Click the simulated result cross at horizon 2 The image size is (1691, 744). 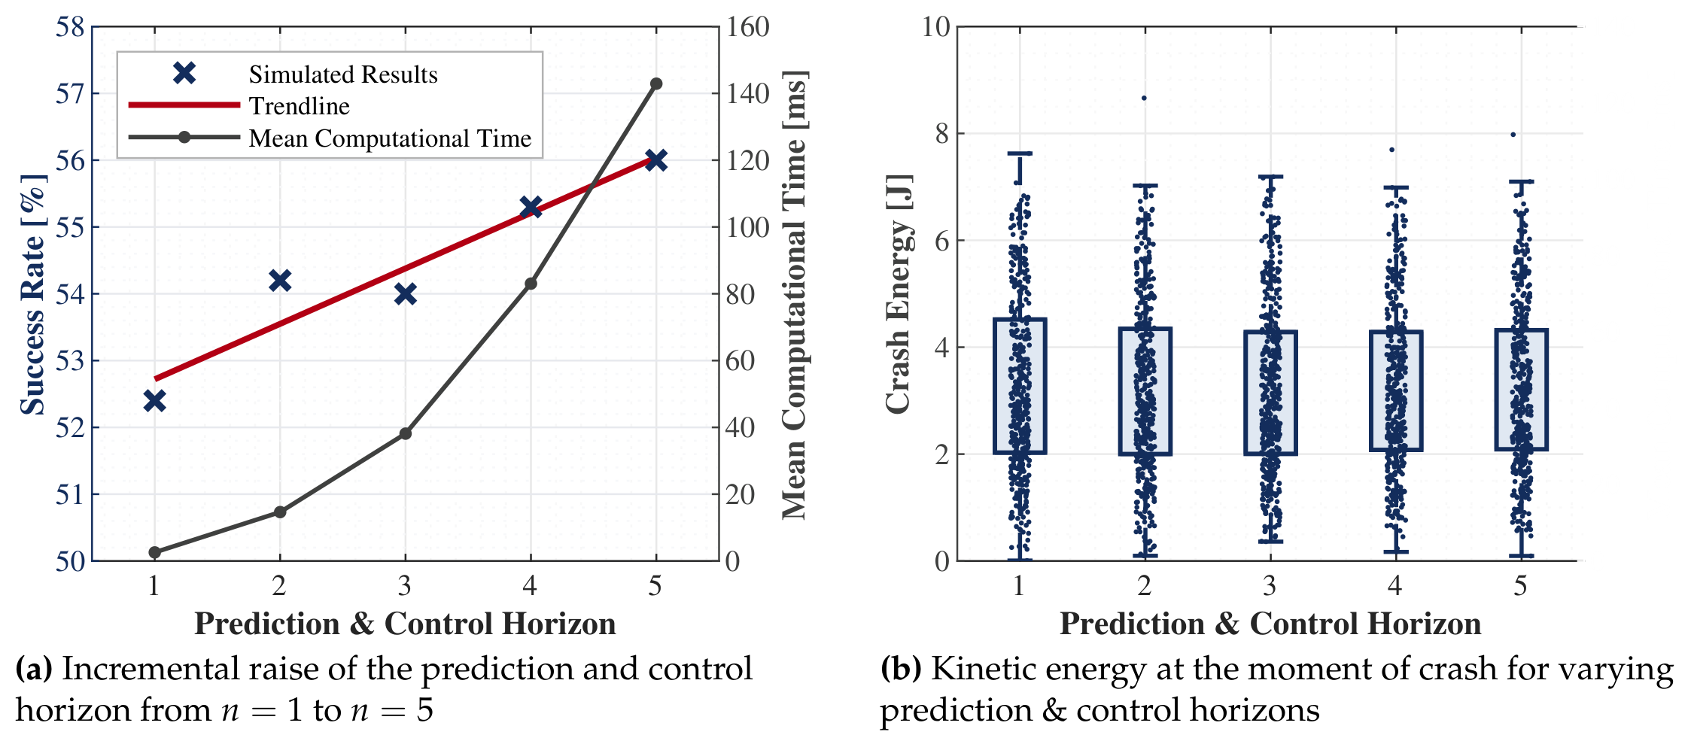point(280,281)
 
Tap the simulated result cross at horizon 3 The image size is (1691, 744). point(406,294)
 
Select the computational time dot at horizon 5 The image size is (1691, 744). point(656,84)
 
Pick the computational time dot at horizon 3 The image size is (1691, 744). point(406,433)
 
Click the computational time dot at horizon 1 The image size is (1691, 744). point(155,552)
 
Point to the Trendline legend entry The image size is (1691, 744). point(300,106)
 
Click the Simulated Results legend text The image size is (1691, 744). point(343,74)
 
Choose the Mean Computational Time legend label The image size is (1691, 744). point(390,138)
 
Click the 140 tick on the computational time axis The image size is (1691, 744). point(748,94)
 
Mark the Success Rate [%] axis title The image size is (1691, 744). point(33,294)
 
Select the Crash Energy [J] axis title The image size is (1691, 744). point(899,294)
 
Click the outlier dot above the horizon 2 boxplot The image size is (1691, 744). point(1144,98)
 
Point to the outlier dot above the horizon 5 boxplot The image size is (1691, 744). point(1513,135)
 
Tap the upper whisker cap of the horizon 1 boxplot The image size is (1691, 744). point(1020,153)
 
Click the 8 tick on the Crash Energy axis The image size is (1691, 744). point(942,134)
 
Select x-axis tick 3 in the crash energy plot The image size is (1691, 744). point(1270,585)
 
